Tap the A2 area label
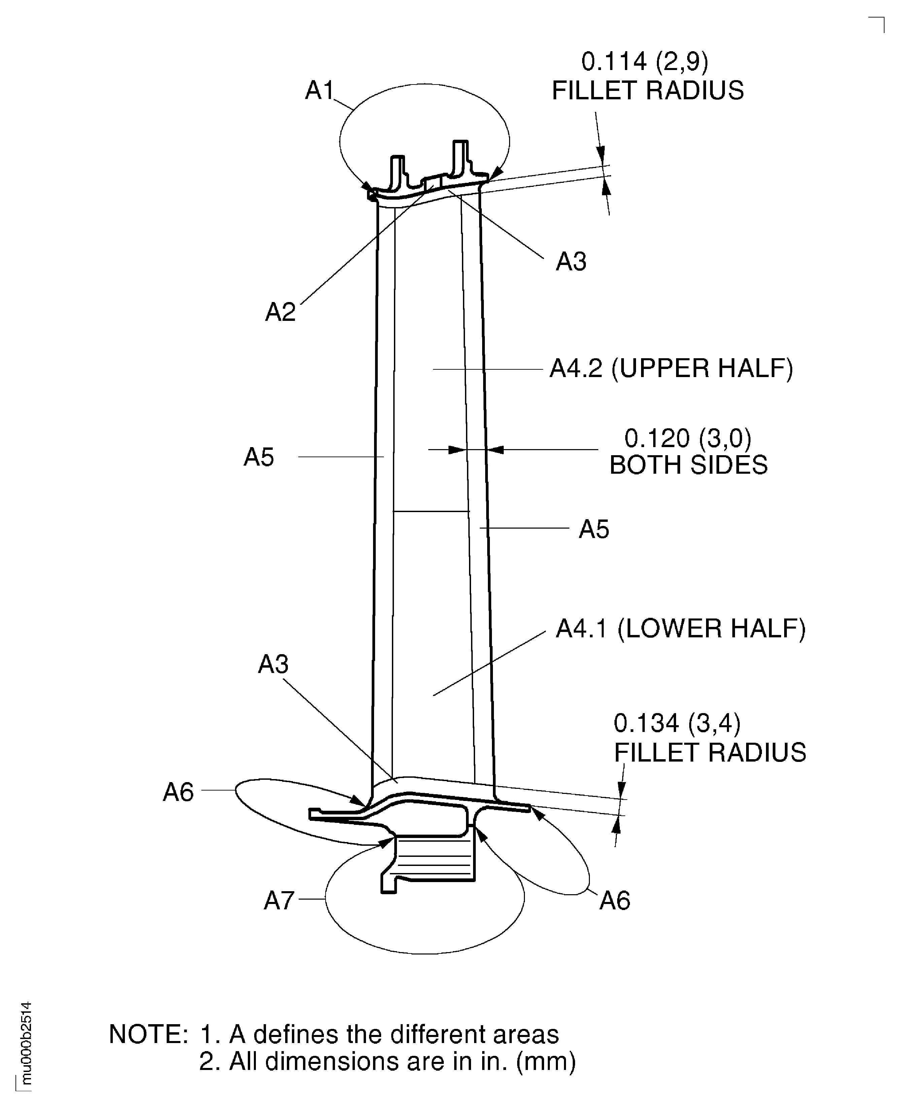point(280,312)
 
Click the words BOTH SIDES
point(688,465)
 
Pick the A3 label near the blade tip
point(571,262)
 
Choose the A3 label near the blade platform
point(273,664)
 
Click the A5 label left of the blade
point(259,457)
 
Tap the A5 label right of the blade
point(594,529)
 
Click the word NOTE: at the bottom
point(148,1034)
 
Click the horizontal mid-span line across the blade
point(431,511)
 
